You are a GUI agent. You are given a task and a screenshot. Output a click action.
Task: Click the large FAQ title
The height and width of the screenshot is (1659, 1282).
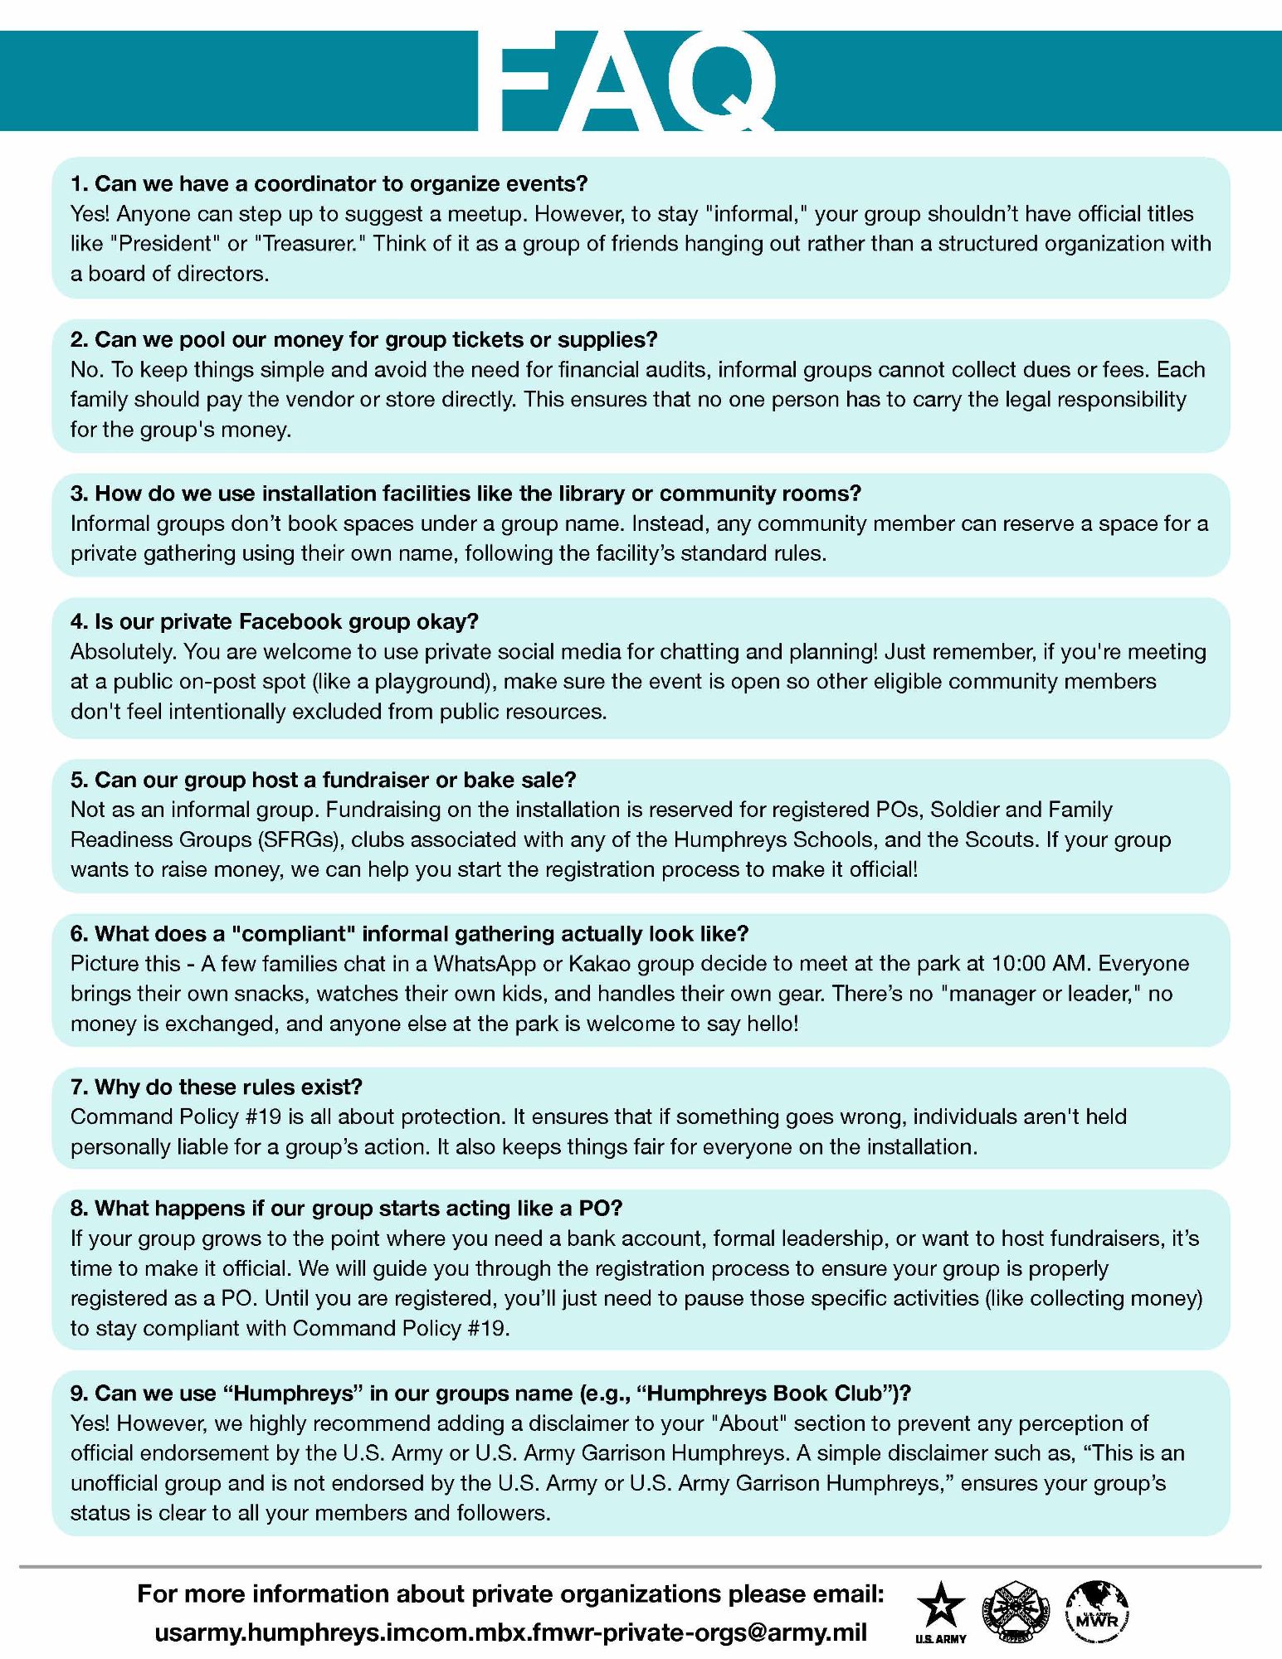tap(628, 80)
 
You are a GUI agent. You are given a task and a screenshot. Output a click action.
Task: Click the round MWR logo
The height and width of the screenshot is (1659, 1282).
tap(1097, 1607)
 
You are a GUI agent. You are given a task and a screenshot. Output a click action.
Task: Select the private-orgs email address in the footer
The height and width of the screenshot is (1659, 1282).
tap(510, 1632)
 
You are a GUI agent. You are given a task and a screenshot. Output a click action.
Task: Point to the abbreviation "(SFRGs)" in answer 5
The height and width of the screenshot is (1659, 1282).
tap(302, 839)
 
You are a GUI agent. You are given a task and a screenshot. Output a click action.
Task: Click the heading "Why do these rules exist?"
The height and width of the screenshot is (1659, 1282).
tap(217, 1087)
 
